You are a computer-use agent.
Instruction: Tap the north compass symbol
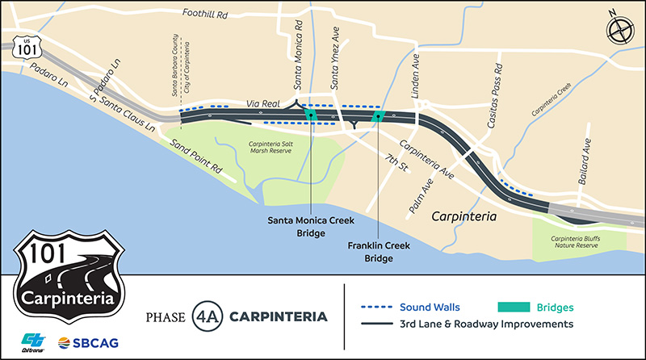(x=619, y=31)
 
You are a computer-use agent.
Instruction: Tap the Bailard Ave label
(x=587, y=161)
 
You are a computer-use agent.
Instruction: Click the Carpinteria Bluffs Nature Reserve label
(x=578, y=241)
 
